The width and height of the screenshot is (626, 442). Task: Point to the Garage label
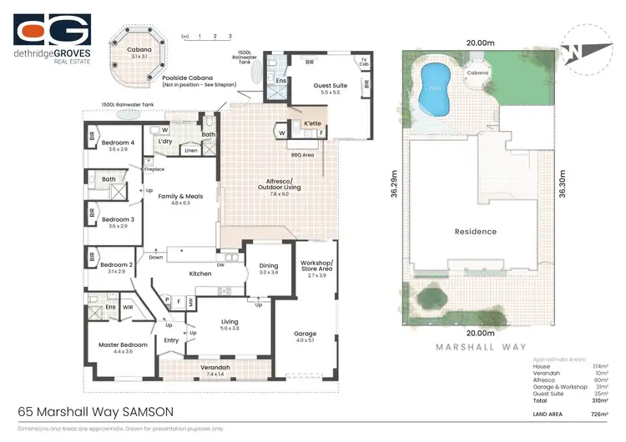tap(305, 333)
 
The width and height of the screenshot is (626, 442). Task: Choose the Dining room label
tap(269, 266)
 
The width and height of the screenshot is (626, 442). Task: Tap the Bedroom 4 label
tap(114, 143)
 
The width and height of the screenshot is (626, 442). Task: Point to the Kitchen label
tap(199, 274)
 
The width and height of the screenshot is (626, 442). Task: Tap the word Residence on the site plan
tap(475, 231)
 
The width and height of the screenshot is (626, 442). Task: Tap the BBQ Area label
tap(302, 153)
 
